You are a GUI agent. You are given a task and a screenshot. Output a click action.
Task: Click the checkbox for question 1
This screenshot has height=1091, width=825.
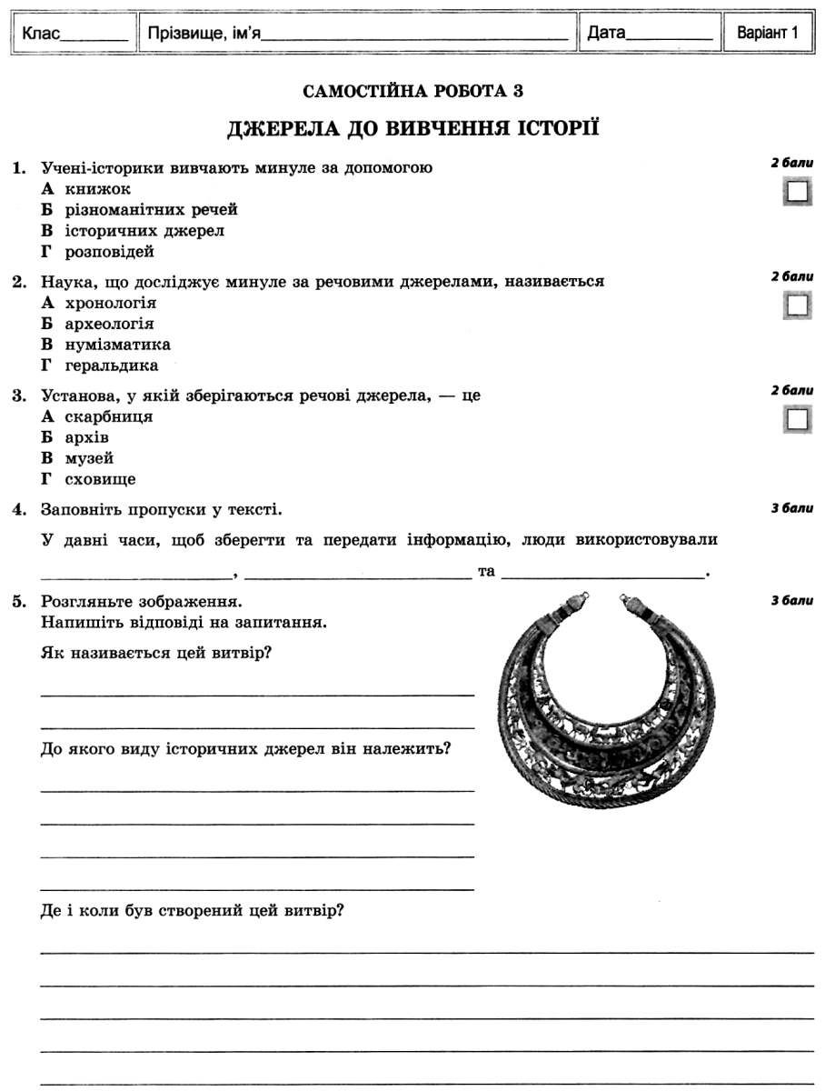(x=797, y=193)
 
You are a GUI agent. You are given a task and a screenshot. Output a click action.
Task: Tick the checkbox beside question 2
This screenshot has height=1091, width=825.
(x=797, y=305)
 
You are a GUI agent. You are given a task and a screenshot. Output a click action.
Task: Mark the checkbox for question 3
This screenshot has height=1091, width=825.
(x=797, y=419)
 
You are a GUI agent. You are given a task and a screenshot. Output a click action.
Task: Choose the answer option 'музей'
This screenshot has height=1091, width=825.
(x=89, y=458)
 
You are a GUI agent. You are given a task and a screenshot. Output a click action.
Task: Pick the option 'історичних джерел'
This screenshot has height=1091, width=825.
(x=144, y=231)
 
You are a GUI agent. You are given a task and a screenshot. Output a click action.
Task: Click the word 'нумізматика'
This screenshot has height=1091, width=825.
(x=118, y=345)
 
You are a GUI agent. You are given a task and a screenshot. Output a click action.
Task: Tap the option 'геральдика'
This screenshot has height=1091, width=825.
(x=112, y=365)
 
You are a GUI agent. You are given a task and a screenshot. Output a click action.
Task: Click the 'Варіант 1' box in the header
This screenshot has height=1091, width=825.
(x=767, y=34)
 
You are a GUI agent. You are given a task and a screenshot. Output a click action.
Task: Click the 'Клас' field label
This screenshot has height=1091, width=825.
(x=42, y=35)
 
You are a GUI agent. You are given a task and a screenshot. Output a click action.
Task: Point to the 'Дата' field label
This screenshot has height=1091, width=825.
(x=606, y=35)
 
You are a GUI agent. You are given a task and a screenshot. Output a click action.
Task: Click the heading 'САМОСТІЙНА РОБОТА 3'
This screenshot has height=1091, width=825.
(x=412, y=91)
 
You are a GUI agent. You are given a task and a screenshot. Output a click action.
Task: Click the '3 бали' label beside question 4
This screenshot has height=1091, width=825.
(x=791, y=508)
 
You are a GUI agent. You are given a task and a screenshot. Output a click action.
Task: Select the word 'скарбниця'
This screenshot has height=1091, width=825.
(x=109, y=416)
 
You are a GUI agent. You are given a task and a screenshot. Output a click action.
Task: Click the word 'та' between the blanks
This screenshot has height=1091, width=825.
(x=485, y=572)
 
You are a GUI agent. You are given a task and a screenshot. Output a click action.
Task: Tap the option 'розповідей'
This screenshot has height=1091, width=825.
(x=110, y=252)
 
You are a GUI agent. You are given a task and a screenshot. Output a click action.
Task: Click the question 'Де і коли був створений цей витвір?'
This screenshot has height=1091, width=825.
(x=192, y=910)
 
